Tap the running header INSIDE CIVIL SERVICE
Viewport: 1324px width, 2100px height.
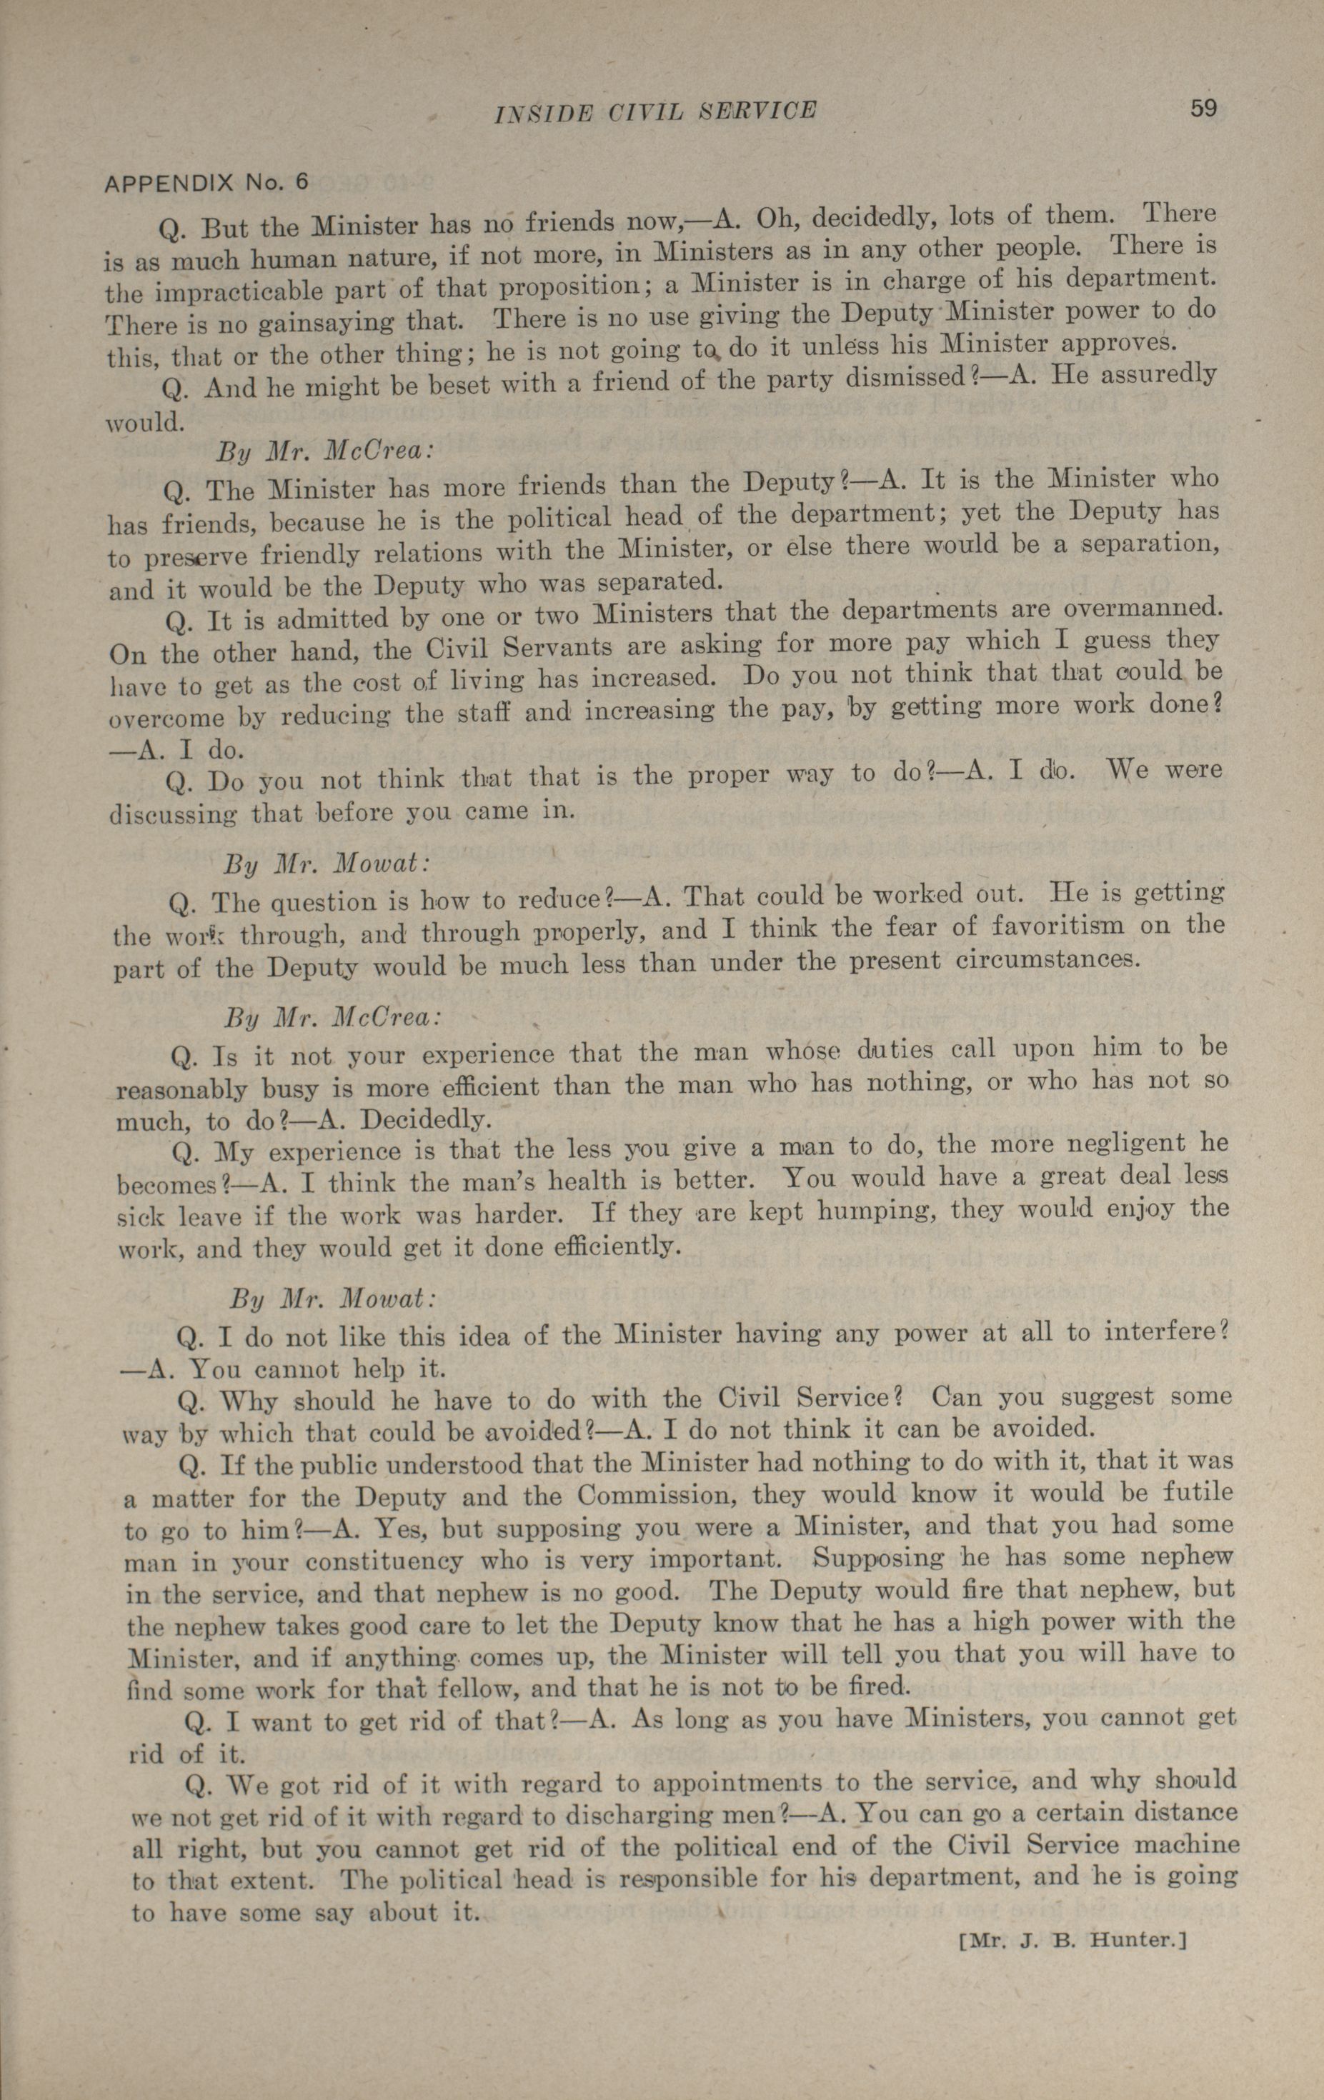[x=655, y=111]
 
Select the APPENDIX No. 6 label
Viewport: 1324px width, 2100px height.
[x=206, y=182]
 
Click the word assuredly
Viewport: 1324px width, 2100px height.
[x=1148, y=374]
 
